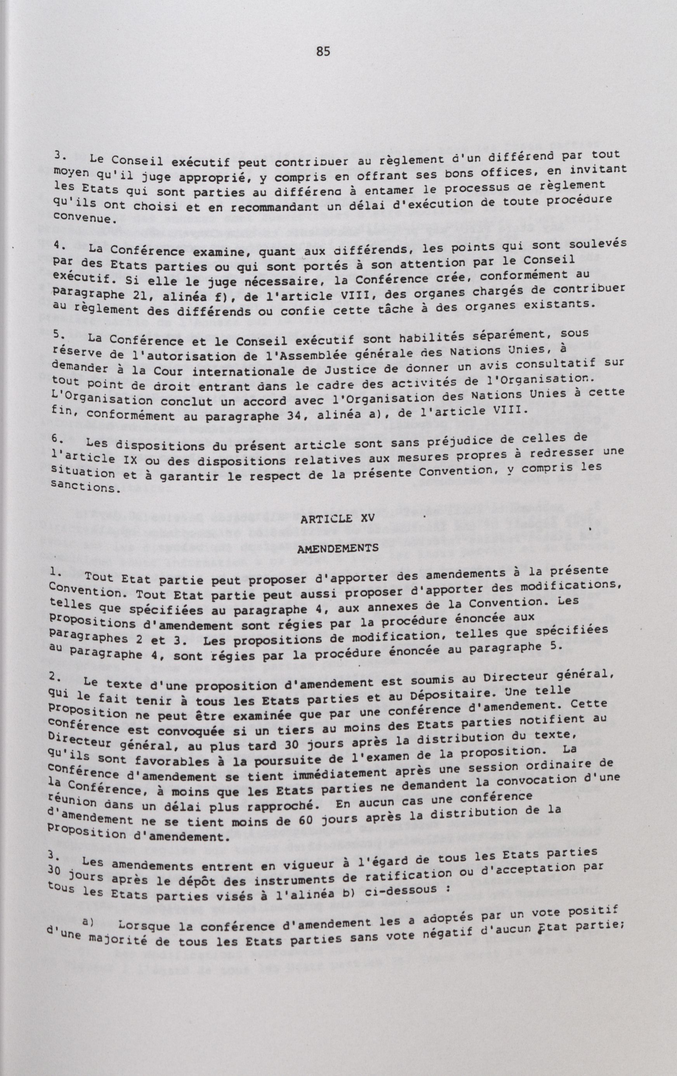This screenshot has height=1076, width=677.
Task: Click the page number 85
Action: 323,52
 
